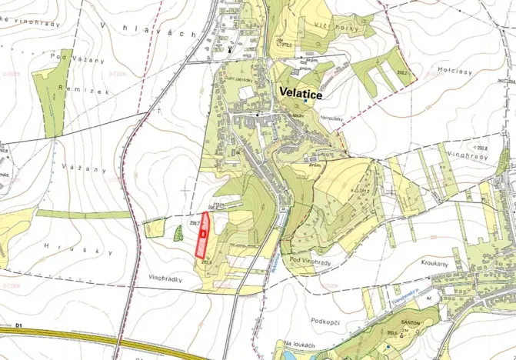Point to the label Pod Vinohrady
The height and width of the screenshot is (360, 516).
pyautogui.click(x=310, y=262)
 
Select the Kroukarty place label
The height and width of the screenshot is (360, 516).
pyautogui.click(x=434, y=263)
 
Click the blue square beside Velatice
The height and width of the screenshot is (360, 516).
pyautogui.click(x=305, y=100)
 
